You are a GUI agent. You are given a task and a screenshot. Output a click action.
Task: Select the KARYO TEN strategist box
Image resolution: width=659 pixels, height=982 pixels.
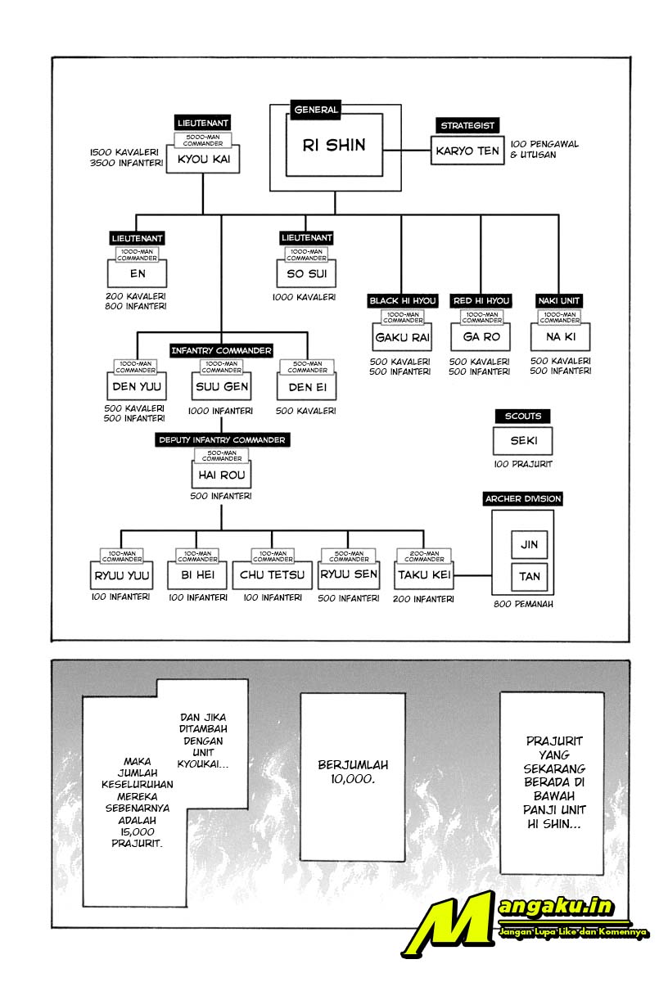(467, 151)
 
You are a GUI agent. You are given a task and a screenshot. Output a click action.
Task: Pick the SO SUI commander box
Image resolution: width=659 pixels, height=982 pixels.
(306, 273)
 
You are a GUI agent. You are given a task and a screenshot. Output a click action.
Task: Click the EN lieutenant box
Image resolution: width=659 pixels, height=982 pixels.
(138, 273)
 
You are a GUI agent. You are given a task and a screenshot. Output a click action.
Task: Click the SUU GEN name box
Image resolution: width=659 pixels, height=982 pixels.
(222, 385)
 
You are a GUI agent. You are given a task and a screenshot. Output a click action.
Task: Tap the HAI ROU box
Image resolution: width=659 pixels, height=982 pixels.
(222, 475)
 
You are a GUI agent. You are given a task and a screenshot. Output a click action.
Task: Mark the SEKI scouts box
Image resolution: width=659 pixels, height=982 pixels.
(522, 442)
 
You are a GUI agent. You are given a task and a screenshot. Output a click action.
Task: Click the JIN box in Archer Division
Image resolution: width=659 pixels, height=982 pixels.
(530, 544)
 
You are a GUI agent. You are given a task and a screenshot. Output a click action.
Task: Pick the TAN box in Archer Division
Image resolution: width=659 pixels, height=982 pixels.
(530, 576)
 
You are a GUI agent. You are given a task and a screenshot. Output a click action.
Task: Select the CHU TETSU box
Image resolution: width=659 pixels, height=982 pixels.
(272, 574)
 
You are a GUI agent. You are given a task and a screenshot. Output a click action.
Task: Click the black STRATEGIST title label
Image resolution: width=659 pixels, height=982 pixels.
(467, 125)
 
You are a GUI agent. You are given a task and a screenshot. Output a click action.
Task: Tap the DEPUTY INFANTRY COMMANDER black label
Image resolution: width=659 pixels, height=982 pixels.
(222, 439)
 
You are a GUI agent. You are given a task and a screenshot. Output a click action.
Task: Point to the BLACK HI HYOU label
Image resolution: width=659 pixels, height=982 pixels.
(402, 300)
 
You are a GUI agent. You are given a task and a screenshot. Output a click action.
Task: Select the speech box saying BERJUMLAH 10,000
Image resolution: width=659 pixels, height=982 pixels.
(353, 771)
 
